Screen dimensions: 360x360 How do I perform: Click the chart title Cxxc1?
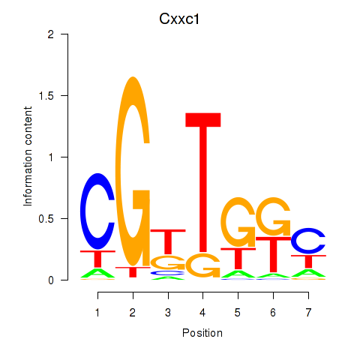(x=179, y=19)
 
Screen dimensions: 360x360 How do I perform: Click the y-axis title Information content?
(x=28, y=156)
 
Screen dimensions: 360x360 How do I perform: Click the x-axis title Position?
(x=202, y=333)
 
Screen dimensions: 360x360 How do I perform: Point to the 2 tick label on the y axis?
(x=51, y=34)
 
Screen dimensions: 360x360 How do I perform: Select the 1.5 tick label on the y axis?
(x=46, y=96)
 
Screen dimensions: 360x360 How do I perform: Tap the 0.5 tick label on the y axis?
(x=46, y=219)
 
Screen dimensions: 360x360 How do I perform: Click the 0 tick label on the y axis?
(x=51, y=280)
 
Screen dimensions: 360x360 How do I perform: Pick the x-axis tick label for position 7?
(x=308, y=313)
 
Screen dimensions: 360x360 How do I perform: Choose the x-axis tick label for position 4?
(x=202, y=313)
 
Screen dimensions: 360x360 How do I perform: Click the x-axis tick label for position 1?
(x=97, y=313)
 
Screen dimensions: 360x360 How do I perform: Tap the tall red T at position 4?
(x=203, y=182)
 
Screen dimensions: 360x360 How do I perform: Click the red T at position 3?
(x=168, y=241)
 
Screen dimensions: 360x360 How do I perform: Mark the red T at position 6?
(x=274, y=254)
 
